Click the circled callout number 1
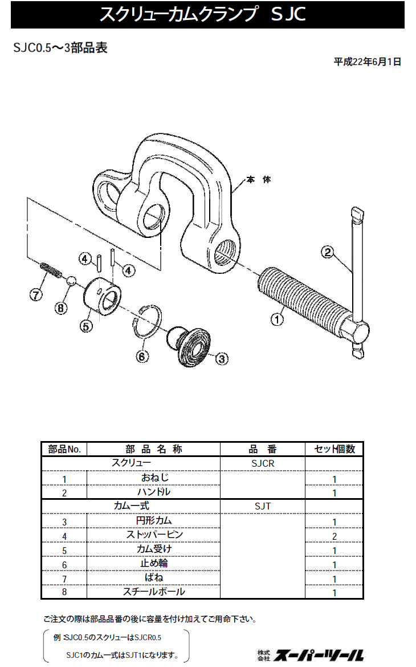click(277, 319)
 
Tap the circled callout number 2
click(327, 252)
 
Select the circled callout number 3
click(222, 359)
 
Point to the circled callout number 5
click(86, 326)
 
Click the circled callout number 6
click(142, 356)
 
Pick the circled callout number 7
click(36, 294)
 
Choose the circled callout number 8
click(61, 308)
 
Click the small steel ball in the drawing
click(72, 280)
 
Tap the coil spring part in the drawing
click(51, 270)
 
